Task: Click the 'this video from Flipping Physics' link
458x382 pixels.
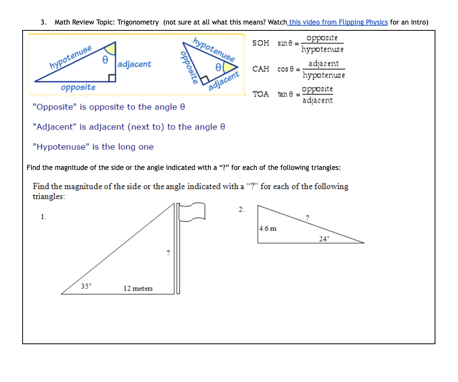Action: tap(338, 22)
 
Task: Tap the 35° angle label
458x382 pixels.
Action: tap(86, 286)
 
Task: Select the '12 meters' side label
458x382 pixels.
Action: tap(138, 288)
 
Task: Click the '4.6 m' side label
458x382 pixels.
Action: tap(268, 228)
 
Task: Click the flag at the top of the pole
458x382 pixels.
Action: tap(192, 212)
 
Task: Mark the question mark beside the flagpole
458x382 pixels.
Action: tap(168, 253)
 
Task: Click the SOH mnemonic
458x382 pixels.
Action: tap(261, 43)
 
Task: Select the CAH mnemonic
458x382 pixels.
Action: tap(261, 69)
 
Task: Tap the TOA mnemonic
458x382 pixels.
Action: tap(261, 94)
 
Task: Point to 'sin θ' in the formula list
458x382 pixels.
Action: tap(286, 43)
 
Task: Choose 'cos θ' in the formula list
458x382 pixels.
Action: tap(287, 69)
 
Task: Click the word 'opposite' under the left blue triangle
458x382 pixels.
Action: tap(78, 87)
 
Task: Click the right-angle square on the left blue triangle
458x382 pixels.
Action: tap(112, 78)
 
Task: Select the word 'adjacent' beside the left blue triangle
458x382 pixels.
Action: tap(134, 64)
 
